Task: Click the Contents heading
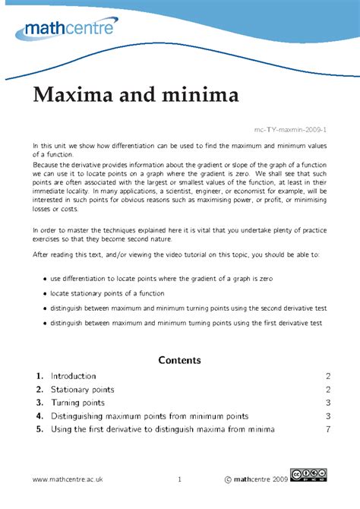pyautogui.click(x=179, y=359)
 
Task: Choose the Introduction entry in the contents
pyautogui.click(x=73, y=376)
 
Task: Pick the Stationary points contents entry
pyautogui.click(x=82, y=390)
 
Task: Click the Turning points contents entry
pyautogui.click(x=77, y=403)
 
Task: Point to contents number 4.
pyautogui.click(x=38, y=416)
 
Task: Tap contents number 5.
pyautogui.click(x=38, y=429)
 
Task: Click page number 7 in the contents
pyautogui.click(x=328, y=429)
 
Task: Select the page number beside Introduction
pyautogui.click(x=328, y=376)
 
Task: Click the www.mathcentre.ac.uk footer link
pyautogui.click(x=68, y=480)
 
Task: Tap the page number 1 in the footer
pyautogui.click(x=180, y=480)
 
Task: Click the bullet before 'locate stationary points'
pyautogui.click(x=45, y=294)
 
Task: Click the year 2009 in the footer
pyautogui.click(x=276, y=480)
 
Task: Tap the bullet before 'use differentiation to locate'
pyautogui.click(x=45, y=280)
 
